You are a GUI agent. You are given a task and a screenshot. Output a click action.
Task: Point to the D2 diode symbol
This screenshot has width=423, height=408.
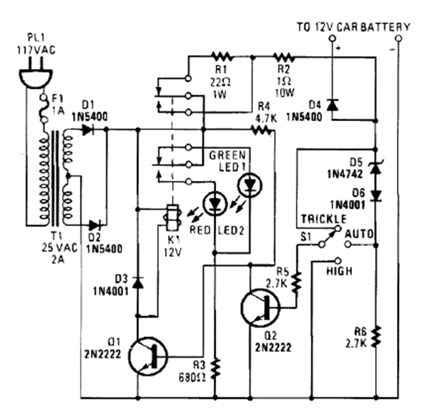(96, 224)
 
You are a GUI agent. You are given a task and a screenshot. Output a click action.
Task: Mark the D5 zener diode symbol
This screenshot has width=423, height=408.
(375, 167)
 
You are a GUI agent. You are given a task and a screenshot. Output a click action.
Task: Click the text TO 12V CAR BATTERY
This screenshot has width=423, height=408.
(353, 27)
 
